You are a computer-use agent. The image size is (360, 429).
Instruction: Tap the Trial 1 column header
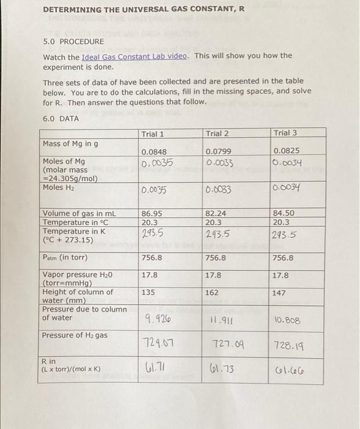tap(152, 134)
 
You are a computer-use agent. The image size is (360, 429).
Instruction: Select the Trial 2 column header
tap(217, 134)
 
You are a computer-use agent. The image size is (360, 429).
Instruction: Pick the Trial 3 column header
tap(286, 133)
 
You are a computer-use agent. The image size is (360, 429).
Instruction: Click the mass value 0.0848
tap(152, 153)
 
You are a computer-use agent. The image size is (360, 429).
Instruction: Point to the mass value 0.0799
tap(217, 153)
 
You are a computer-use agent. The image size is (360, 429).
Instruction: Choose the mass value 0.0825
tap(286, 152)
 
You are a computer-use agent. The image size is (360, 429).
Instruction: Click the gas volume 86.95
tap(152, 213)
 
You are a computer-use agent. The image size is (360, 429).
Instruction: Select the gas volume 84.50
tap(284, 213)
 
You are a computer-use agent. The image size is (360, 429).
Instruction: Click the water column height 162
tap(212, 293)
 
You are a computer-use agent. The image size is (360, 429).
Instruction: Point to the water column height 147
tap(279, 294)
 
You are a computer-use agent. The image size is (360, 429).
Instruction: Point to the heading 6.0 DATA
tap(61, 118)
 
